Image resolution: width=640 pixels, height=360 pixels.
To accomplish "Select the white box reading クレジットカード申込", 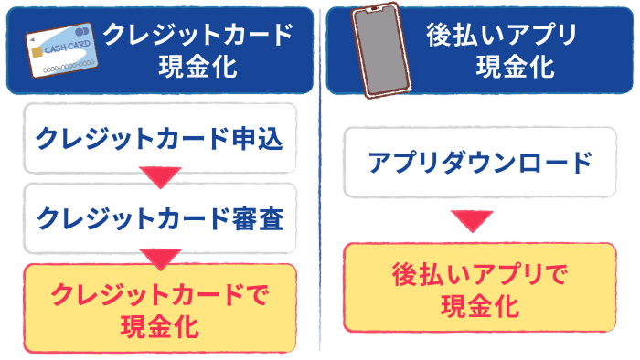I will (160, 138).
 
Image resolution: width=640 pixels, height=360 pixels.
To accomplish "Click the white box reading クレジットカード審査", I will (160, 218).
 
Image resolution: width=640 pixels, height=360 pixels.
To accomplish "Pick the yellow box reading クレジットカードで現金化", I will (160, 308).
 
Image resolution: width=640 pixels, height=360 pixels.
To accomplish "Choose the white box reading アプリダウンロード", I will (480, 164).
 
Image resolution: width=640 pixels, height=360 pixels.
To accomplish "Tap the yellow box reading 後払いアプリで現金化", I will (480, 288).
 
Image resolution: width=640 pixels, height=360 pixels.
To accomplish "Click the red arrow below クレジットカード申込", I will (160, 177).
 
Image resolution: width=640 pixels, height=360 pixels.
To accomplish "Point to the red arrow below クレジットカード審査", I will (160, 259).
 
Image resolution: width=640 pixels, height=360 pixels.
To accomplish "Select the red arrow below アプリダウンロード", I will (473, 220).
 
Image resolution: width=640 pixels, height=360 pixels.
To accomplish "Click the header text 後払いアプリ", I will (502, 35).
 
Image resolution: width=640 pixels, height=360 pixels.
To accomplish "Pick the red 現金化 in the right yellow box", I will (480, 305).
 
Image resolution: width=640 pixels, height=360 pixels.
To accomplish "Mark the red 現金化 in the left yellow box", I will (160, 325).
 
